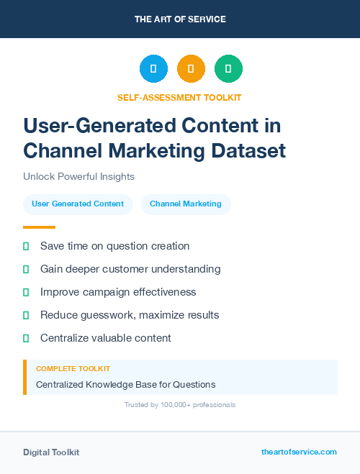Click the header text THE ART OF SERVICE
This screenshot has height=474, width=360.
(180, 19)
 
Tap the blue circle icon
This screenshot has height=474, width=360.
(153, 69)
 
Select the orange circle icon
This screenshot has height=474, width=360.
(191, 69)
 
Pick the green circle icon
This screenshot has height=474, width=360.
(228, 69)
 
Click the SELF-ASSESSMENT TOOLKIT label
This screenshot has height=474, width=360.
(180, 97)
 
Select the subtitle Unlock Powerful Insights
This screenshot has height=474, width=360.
(78, 176)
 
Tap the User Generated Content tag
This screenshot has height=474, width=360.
(78, 204)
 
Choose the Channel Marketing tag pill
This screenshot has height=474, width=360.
(186, 204)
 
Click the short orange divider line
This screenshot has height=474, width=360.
(39, 227)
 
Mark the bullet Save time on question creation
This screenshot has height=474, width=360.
(114, 246)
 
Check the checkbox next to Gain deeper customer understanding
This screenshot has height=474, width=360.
(26, 269)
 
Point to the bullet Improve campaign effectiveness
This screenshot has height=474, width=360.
(118, 292)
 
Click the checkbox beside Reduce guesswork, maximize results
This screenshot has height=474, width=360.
(26, 315)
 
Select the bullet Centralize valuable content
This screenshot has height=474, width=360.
(106, 338)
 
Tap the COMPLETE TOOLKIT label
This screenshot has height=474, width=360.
(73, 368)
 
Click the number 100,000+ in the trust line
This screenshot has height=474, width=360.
(164, 405)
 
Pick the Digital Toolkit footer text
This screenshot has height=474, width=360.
(51, 452)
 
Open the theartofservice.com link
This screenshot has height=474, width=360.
(299, 452)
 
